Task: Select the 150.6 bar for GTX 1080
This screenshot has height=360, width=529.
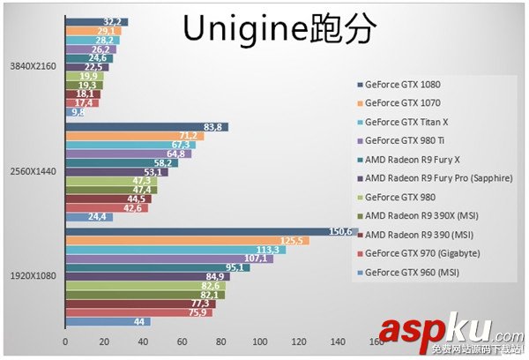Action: pos(176,231)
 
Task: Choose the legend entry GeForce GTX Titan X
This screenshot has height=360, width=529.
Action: pos(406,122)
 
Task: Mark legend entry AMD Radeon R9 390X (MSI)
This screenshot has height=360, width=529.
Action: pos(421,215)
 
